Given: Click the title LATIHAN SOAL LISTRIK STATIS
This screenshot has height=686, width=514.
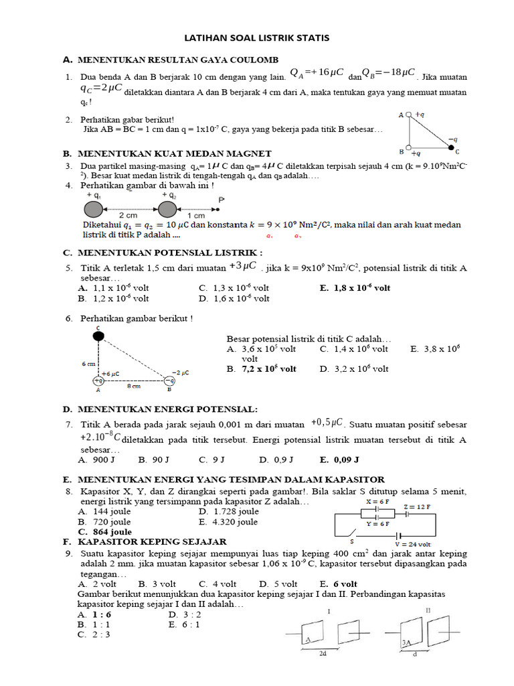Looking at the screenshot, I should click(x=257, y=38).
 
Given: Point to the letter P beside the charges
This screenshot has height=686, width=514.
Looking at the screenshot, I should click(x=222, y=200).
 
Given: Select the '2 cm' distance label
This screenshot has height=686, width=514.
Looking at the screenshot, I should click(x=128, y=216).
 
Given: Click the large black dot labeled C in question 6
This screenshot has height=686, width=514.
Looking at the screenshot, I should click(x=98, y=336).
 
